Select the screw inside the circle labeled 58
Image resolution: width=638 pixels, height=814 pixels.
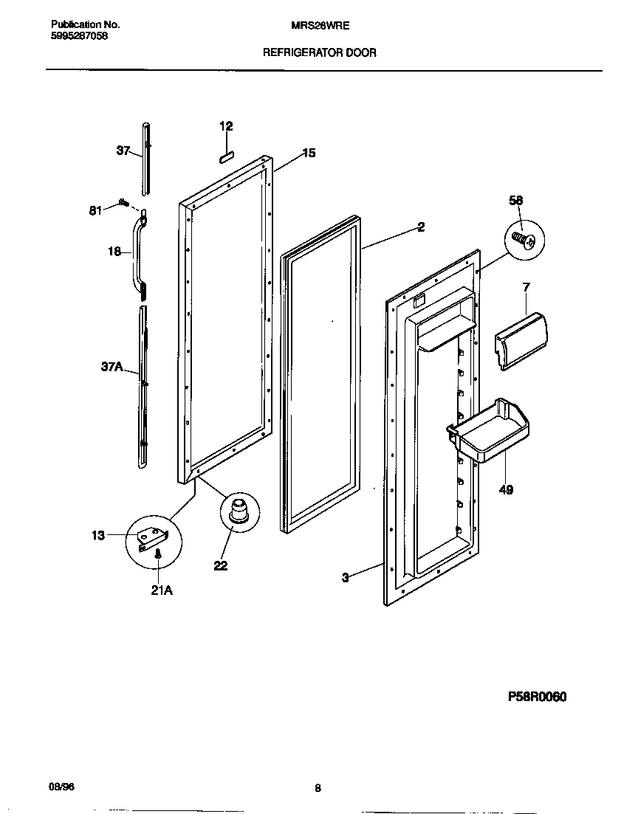tap(524, 239)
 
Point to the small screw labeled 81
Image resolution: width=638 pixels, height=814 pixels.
tap(123, 203)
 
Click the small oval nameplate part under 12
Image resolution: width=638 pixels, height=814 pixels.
tap(226, 156)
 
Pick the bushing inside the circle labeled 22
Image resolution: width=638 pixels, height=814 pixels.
tap(239, 511)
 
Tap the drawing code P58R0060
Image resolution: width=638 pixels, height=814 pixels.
tap(536, 696)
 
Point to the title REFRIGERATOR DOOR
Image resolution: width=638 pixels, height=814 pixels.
tap(320, 52)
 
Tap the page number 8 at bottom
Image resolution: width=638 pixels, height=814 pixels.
tap(318, 787)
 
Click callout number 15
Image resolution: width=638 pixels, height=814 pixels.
tap(309, 153)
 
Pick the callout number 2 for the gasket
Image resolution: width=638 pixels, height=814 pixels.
tap(421, 227)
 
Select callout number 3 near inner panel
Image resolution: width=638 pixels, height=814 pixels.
tap(345, 577)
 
